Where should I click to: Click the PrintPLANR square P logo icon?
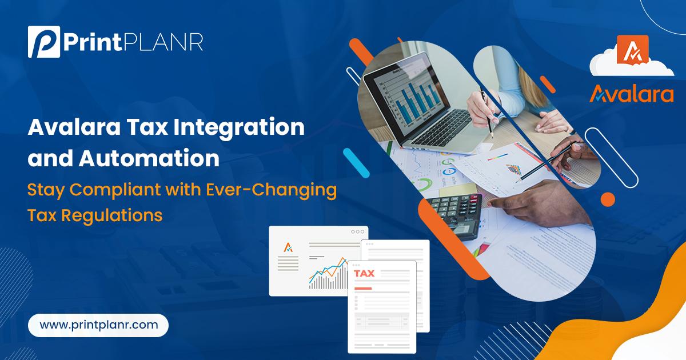coord(44,42)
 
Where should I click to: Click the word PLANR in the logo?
coord(163,42)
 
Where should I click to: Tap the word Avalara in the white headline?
coord(74,127)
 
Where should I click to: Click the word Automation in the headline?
coord(149,158)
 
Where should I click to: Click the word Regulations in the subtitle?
coord(112,216)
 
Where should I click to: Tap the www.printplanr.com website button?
coord(98,325)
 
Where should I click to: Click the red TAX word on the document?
coord(364,273)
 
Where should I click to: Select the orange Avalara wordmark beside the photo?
coord(632,94)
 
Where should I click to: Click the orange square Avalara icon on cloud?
coord(633,50)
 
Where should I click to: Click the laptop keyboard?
coord(444,129)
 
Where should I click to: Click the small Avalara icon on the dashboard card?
coord(288,247)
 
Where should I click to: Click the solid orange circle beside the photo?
coord(608,199)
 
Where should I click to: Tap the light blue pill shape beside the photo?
coord(356,163)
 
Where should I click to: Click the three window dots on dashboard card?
coord(358,232)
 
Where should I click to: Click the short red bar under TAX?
coord(363,289)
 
